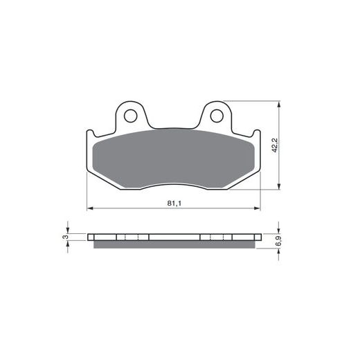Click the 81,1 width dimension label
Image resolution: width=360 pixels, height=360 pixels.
tap(174, 204)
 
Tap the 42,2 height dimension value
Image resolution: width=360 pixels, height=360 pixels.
tap(275, 145)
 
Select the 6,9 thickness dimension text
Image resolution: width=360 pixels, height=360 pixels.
tap(278, 241)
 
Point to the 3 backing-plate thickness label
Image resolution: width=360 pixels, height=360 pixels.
tap(66, 237)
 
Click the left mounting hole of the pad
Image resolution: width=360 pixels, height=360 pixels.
tap(130, 116)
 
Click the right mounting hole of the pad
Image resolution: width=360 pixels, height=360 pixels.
tap(217, 116)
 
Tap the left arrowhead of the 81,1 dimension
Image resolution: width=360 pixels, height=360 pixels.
tap(90, 208)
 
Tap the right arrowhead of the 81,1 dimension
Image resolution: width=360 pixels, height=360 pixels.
tap(257, 208)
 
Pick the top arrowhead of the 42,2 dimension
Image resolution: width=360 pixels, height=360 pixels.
tap(279, 105)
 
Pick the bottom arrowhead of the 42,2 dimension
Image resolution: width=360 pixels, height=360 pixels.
tap(279, 186)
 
